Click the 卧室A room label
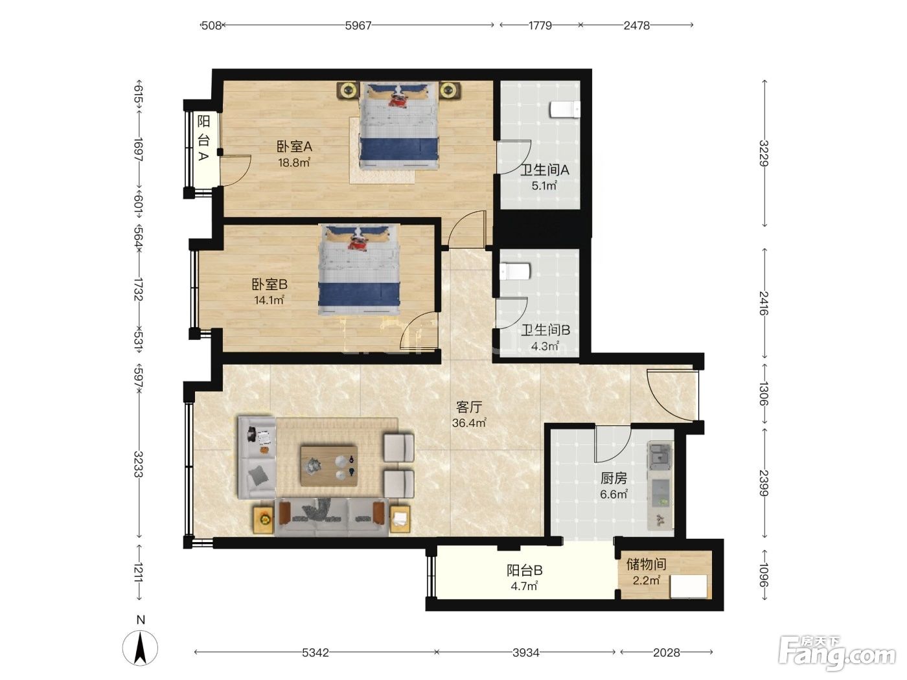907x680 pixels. click(x=293, y=146)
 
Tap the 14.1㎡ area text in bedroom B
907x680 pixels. click(x=269, y=300)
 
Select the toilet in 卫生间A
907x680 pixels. click(x=564, y=109)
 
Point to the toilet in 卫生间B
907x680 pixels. click(x=515, y=271)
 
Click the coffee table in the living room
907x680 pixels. click(x=329, y=466)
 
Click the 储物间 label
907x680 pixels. click(x=646, y=563)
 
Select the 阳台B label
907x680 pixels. click(x=524, y=570)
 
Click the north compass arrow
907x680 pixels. click(x=141, y=648)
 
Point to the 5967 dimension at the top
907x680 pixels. click(x=358, y=26)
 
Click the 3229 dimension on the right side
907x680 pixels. click(x=764, y=153)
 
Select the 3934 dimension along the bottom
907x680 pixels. click(x=526, y=652)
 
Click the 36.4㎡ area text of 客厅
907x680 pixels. click(x=468, y=423)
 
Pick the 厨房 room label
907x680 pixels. click(x=614, y=478)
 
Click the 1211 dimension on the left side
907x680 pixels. click(x=139, y=572)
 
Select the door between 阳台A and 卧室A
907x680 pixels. click(x=235, y=170)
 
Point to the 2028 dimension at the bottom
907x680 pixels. click(x=666, y=652)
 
